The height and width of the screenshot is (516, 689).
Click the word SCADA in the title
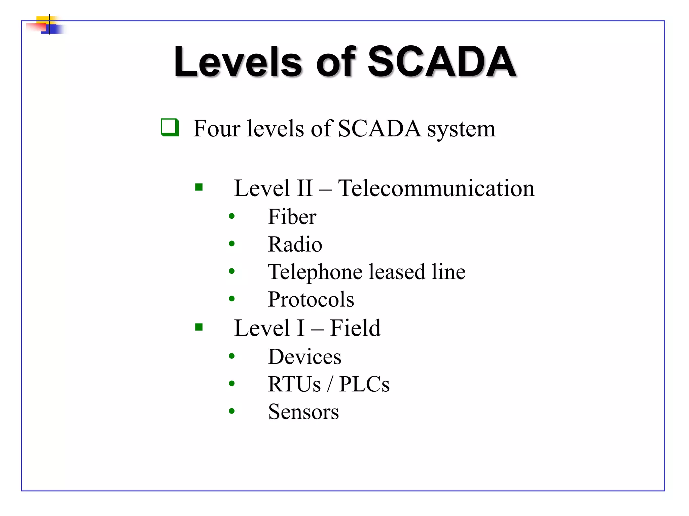click(442, 62)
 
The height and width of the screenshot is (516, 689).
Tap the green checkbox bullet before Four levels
click(170, 127)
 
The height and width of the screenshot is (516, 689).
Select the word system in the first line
click(461, 129)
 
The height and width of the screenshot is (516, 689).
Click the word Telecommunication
click(436, 188)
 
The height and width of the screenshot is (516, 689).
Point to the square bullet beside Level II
click(199, 187)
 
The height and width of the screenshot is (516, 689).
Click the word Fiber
click(292, 217)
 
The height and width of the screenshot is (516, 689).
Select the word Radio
click(295, 244)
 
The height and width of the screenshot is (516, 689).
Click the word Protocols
click(311, 299)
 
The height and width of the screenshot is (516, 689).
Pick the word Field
click(355, 328)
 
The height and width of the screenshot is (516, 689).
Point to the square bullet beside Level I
click(199, 327)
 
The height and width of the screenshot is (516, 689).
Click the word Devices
click(304, 357)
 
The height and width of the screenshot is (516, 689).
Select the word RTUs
click(294, 384)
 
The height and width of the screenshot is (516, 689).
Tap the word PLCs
click(364, 384)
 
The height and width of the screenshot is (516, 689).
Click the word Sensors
click(303, 412)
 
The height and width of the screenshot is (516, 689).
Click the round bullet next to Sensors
click(231, 411)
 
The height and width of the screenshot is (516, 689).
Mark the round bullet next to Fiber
click(231, 216)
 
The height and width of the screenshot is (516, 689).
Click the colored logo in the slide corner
click(47, 25)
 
